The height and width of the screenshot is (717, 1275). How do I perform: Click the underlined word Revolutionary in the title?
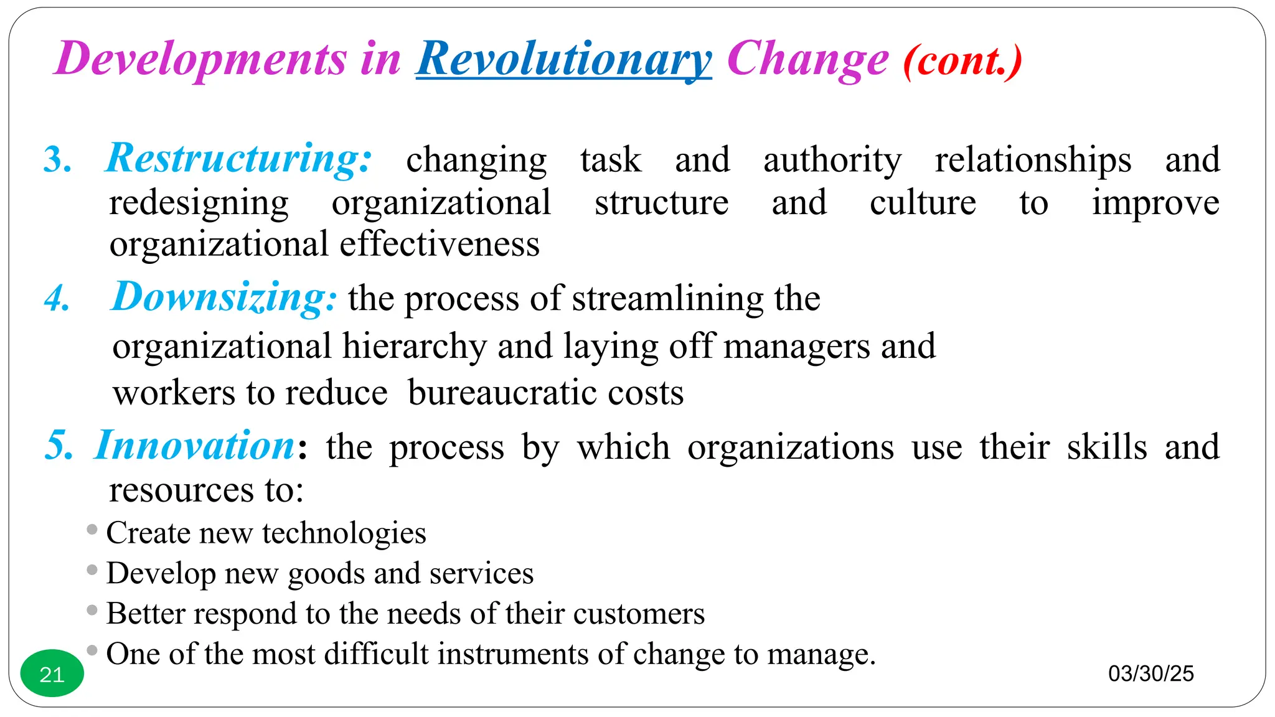[x=563, y=59]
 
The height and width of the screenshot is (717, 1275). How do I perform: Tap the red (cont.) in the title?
[x=962, y=61]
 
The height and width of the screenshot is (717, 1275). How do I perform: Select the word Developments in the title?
[x=200, y=59]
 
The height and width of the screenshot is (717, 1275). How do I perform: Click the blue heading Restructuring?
[x=239, y=158]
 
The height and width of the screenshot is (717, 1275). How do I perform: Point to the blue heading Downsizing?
[x=224, y=297]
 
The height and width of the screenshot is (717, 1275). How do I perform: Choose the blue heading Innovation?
[x=195, y=446]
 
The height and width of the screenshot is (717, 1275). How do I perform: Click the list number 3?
[x=57, y=160]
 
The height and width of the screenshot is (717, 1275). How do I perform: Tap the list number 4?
[x=57, y=298]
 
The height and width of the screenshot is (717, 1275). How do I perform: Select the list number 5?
[x=59, y=446]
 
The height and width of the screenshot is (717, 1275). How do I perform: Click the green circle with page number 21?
[x=52, y=674]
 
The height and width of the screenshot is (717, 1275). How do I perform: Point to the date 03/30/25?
[x=1150, y=673]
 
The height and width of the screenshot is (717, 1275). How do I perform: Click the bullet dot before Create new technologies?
[x=92, y=530]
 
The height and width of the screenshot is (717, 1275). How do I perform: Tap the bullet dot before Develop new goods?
[x=92, y=569]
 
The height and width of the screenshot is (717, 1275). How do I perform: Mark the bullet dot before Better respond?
[x=92, y=610]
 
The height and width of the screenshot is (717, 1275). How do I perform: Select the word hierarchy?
[x=414, y=346]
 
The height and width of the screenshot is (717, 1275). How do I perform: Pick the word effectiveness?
[x=440, y=243]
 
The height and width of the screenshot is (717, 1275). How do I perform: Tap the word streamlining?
[x=667, y=299]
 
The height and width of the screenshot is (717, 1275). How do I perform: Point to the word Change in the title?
[x=807, y=59]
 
